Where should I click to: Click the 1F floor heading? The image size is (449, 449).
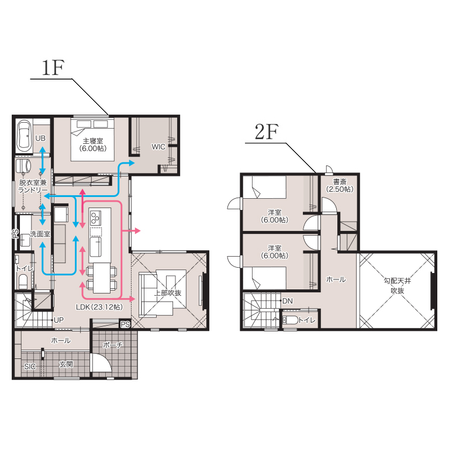(x=53, y=68)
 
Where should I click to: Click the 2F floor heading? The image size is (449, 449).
(x=267, y=132)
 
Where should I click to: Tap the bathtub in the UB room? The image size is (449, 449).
(x=24, y=136)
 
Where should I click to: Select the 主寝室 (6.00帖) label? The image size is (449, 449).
(x=93, y=144)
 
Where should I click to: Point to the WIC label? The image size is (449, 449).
(x=158, y=147)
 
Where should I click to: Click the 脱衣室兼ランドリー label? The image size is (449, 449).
(x=33, y=186)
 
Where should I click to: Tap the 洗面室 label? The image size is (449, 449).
(x=40, y=234)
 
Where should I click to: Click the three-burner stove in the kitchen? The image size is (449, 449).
(x=95, y=217)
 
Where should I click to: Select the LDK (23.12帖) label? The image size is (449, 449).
(x=99, y=307)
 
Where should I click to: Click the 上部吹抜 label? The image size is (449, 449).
(x=168, y=293)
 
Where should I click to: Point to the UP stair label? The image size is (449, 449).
(x=58, y=320)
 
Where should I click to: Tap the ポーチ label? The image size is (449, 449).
(x=112, y=345)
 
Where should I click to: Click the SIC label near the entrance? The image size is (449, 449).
(x=30, y=367)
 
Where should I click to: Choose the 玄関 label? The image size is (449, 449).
(x=66, y=365)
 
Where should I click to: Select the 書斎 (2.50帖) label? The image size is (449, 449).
(x=340, y=185)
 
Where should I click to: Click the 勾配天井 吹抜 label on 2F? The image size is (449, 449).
(x=398, y=286)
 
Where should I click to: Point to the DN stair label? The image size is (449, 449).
(x=288, y=301)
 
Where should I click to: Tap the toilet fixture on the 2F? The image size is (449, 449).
(x=291, y=320)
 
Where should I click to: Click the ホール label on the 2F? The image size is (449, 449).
(x=336, y=279)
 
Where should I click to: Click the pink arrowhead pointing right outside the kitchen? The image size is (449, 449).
(x=138, y=230)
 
